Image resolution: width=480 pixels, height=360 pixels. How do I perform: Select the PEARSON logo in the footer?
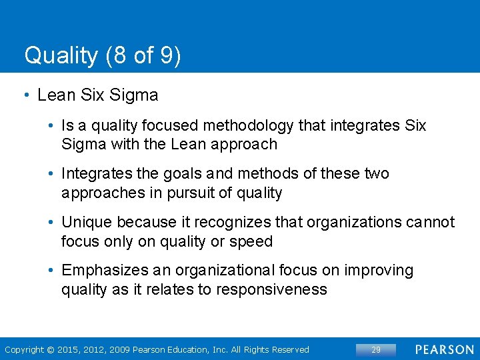(445, 349)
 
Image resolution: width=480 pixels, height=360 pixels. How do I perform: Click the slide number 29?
(376, 349)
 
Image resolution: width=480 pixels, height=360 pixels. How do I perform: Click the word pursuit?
(197, 193)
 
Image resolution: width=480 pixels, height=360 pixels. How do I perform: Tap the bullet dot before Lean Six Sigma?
(26, 96)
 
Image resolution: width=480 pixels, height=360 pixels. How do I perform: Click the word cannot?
(431, 222)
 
